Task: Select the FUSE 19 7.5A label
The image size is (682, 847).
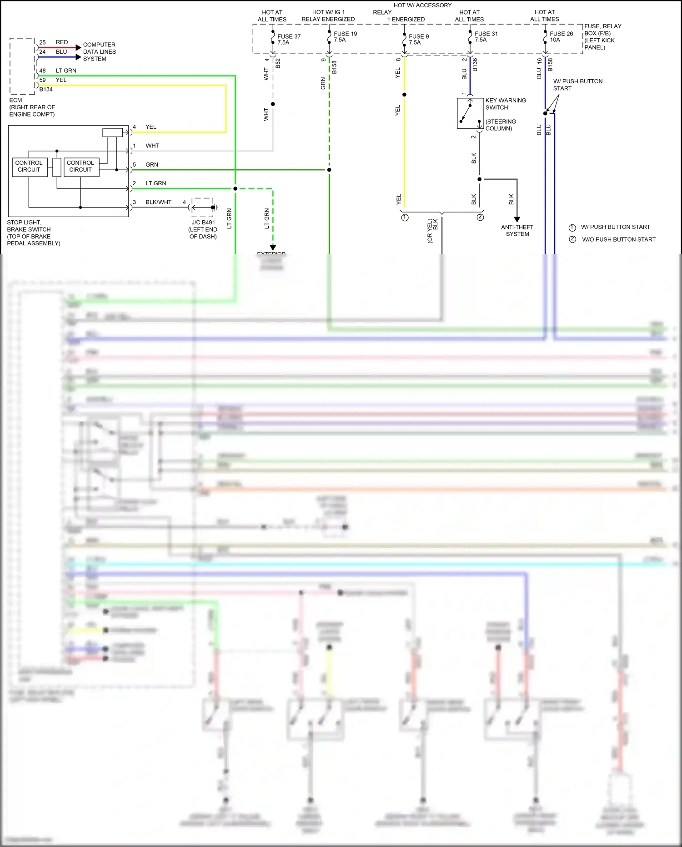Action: (345, 37)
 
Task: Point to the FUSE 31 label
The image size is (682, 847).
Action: (486, 37)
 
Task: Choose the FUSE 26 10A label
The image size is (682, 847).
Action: (561, 37)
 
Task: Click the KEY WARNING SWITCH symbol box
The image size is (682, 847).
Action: (470, 113)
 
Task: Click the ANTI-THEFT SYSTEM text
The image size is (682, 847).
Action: (517, 231)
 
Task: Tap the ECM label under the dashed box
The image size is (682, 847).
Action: (15, 100)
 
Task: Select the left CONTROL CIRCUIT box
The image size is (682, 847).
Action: (29, 166)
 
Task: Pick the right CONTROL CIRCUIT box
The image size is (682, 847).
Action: (80, 166)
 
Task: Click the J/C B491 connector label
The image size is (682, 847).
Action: (203, 223)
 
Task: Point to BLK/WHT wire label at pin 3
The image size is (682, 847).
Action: (158, 202)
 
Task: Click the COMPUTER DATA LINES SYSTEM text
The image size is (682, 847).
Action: (99, 51)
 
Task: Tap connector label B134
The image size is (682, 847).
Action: (46, 89)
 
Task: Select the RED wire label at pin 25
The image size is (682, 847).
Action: (62, 42)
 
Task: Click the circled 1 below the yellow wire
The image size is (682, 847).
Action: (405, 218)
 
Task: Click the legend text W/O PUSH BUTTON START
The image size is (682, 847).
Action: (618, 239)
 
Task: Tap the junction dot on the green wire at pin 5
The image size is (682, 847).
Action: (329, 170)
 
